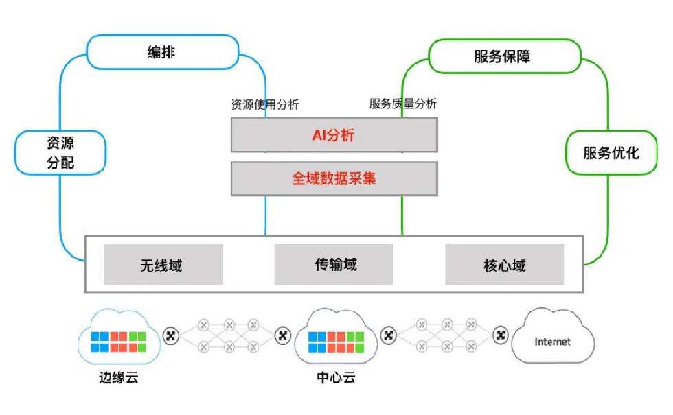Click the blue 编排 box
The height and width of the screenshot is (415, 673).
coord(162,52)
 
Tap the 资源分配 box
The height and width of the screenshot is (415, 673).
coord(60,152)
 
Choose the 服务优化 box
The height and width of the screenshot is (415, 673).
coord(611,153)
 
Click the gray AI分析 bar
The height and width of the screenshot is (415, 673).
coord(334,134)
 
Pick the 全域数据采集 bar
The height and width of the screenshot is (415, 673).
coord(334,178)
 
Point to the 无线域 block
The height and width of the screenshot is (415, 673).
coord(163,264)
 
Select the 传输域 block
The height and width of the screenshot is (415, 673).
coord(334,264)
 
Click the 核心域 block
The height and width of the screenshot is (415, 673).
coord(505,264)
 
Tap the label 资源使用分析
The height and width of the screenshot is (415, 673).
coord(265,105)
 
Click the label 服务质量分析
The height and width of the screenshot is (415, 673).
coord(402,104)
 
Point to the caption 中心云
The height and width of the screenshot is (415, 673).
coord(336,378)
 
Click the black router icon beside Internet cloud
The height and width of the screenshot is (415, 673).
coord(501,335)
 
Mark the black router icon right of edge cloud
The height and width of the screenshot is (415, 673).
coord(172,336)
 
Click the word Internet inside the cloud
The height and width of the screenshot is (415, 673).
coord(552,341)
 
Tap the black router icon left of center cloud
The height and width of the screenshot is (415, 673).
coord(282,336)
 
